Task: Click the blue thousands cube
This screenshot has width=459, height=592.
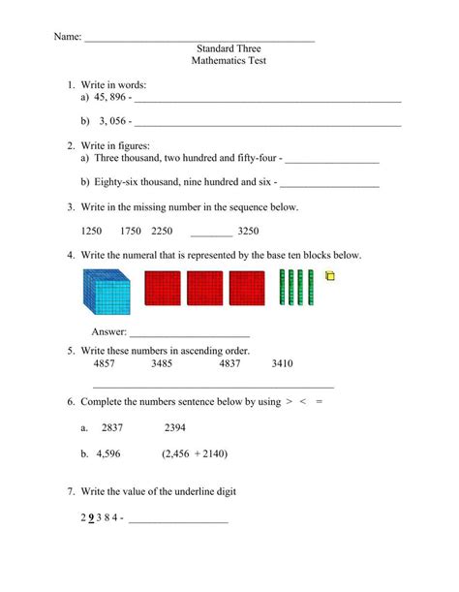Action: click(x=107, y=292)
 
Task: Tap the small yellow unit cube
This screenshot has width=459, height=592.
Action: click(x=329, y=278)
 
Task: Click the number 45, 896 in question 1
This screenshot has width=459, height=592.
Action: click(x=111, y=97)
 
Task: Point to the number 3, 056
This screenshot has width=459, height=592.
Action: click(x=111, y=121)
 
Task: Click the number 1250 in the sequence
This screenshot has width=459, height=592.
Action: click(x=92, y=231)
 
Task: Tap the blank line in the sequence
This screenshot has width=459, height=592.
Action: click(x=211, y=233)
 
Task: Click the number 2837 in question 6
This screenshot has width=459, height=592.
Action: click(x=112, y=427)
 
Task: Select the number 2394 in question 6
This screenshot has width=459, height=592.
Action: click(x=175, y=427)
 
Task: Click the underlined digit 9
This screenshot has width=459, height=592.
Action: click(x=90, y=516)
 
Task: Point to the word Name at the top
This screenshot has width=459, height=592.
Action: click(x=66, y=37)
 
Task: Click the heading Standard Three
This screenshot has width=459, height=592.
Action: click(x=229, y=47)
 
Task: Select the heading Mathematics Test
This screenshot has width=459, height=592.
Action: click(x=229, y=60)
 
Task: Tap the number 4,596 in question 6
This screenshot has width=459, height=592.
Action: click(x=116, y=452)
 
